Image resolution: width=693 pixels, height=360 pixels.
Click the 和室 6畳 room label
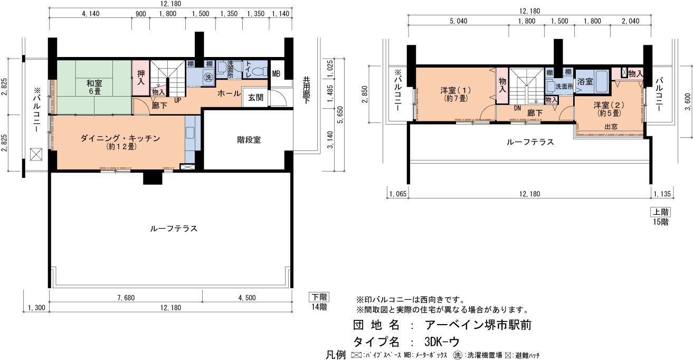[x=94, y=87]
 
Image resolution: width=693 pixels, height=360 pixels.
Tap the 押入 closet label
[x=141, y=77]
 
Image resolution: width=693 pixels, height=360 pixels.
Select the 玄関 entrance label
[x=255, y=98]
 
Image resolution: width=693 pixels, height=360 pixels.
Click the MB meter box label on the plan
[x=276, y=74]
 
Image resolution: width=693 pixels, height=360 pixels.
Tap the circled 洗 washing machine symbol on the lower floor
[x=208, y=77]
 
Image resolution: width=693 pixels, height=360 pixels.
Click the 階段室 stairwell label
[x=249, y=140]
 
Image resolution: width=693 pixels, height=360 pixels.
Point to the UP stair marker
[x=177, y=100]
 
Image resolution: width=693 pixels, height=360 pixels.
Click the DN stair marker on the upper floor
[x=517, y=109]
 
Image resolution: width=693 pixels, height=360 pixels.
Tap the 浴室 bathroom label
[x=585, y=82]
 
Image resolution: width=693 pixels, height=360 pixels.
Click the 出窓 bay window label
[x=611, y=127]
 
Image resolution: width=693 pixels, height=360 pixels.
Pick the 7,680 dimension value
[x=126, y=298]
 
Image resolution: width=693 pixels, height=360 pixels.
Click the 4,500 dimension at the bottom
[x=247, y=298]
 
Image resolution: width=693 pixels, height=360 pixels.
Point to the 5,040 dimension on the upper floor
[x=458, y=21]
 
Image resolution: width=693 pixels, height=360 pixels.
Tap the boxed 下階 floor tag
[x=319, y=297]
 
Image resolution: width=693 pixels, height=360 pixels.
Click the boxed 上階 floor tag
[x=660, y=212]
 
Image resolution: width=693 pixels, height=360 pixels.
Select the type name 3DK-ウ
[x=442, y=342]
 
